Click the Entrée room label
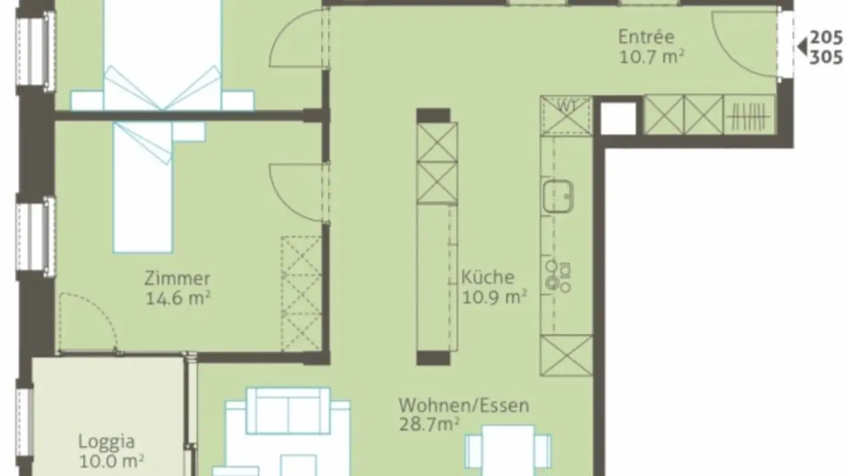click(x=646, y=36)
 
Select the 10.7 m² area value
click(x=652, y=57)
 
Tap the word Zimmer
click(x=177, y=277)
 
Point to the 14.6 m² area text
click(x=178, y=297)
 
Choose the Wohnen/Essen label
click(x=464, y=405)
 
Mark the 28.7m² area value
click(x=429, y=425)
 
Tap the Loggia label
click(x=106, y=441)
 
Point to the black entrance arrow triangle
click(x=801, y=46)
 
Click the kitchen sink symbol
click(x=558, y=196)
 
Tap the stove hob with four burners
click(x=558, y=276)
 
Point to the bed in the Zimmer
click(x=142, y=188)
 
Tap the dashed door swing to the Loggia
click(x=88, y=323)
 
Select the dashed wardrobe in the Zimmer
click(x=301, y=294)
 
